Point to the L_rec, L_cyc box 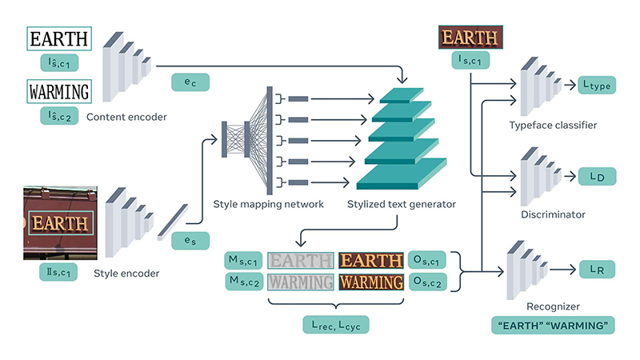[336, 324]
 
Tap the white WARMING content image [59, 92]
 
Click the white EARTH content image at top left [59, 38]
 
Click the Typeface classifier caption [553, 126]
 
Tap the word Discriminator [553, 214]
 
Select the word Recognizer [553, 306]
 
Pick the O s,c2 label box [427, 282]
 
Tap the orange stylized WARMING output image [370, 282]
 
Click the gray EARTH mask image [300, 260]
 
